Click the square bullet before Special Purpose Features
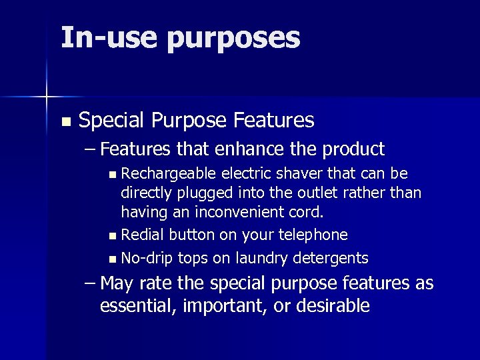(65, 122)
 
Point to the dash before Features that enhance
(91, 149)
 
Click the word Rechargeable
(169, 175)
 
